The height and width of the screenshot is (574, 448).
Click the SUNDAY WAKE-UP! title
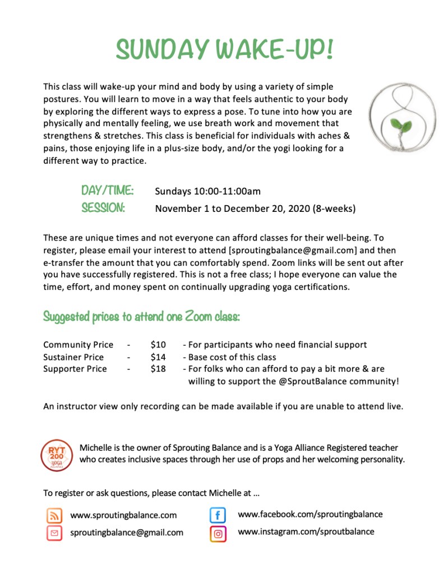pos(224,50)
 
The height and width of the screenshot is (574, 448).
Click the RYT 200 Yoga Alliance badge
pos(57,455)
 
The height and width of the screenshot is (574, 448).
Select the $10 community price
pos(158,345)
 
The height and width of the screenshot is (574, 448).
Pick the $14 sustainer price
pos(158,357)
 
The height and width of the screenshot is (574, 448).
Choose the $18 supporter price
pos(158,369)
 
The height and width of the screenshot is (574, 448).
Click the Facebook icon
pos(218,515)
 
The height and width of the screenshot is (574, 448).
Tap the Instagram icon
pos(218,533)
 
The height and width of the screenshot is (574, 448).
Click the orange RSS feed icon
pos(54,515)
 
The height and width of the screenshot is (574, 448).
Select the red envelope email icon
pos(54,533)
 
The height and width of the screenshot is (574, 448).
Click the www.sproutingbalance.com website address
pos(123,515)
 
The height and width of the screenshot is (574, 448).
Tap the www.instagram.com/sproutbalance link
pos(306,531)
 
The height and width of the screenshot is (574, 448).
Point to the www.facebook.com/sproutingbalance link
pos(310,514)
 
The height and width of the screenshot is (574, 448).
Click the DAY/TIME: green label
pos(107,191)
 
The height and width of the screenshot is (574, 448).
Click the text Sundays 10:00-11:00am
pos(207,191)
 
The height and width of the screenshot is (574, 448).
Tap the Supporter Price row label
pos(75,369)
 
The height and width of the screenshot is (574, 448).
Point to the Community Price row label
pos(78,345)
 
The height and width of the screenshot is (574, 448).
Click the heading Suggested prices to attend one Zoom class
pos(141,317)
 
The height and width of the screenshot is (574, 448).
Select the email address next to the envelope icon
pos(127,533)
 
